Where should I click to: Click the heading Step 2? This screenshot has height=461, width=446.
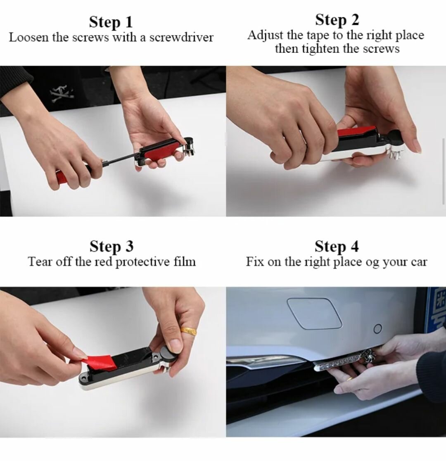[x=337, y=19]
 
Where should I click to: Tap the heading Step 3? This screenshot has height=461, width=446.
[x=111, y=246]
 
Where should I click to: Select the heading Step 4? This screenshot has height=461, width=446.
[x=337, y=246]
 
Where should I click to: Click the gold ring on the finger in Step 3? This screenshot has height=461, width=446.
[x=189, y=330]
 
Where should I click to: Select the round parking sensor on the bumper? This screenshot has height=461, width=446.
[x=377, y=329]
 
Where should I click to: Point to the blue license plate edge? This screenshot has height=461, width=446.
[x=436, y=314]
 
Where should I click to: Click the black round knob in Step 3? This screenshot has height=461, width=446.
[x=169, y=356]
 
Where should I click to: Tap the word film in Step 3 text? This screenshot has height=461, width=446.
[x=184, y=262]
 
